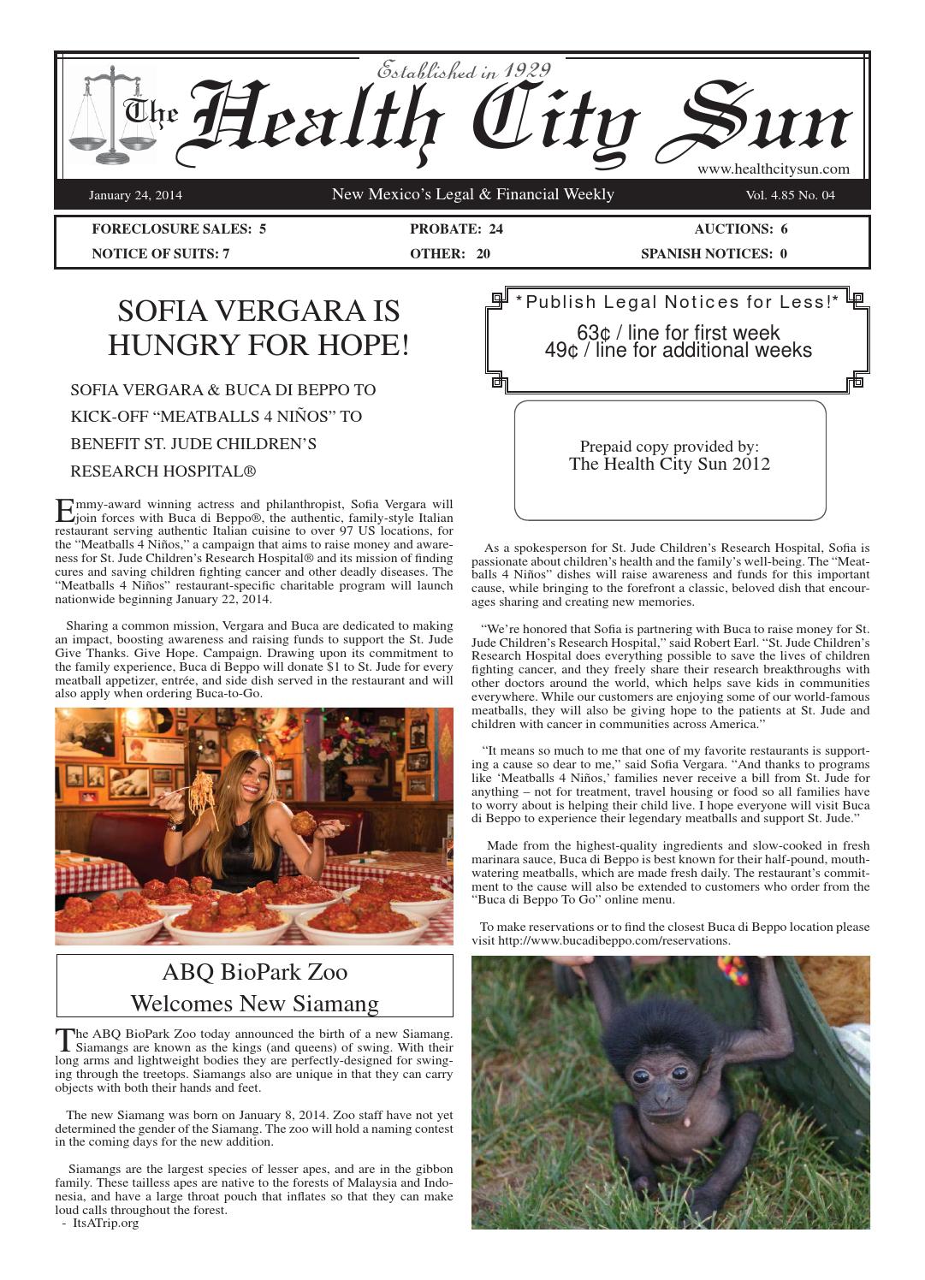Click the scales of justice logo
[110, 115]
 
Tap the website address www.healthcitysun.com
[773, 169]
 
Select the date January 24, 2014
[135, 196]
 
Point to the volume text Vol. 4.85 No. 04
[790, 196]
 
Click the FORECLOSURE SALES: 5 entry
[179, 229]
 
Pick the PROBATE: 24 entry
[456, 229]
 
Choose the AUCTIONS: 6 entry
[741, 229]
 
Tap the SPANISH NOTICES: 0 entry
[714, 254]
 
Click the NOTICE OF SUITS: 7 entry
[161, 254]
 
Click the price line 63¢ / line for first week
[678, 332]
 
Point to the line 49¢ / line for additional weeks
[678, 350]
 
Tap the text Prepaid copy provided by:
[669, 446]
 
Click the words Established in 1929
[463, 70]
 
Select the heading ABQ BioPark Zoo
[254, 972]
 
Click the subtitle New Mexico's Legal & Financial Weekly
[472, 195]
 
